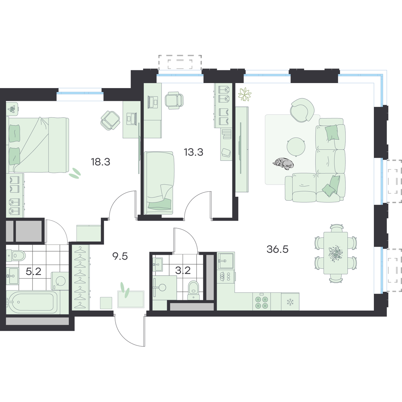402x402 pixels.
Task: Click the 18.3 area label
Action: coord(100,162)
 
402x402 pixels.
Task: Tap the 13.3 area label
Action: coord(193,152)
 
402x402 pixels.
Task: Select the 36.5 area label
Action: coord(277,249)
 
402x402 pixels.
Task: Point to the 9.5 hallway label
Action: coord(120,256)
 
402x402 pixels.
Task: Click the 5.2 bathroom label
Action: coord(33,271)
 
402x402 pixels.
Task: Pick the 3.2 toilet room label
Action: coord(183,270)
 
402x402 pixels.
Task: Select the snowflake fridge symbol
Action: coord(290,302)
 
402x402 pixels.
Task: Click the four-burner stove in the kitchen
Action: coord(262,301)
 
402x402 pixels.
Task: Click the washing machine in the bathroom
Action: coord(60,281)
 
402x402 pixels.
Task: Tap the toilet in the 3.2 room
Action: coord(194,289)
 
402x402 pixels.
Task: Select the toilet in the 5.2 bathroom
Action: coord(16,255)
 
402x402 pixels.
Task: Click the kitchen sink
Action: coord(226,261)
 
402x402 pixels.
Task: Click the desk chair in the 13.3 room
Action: coord(174,100)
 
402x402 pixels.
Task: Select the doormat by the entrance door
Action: coord(131,299)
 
